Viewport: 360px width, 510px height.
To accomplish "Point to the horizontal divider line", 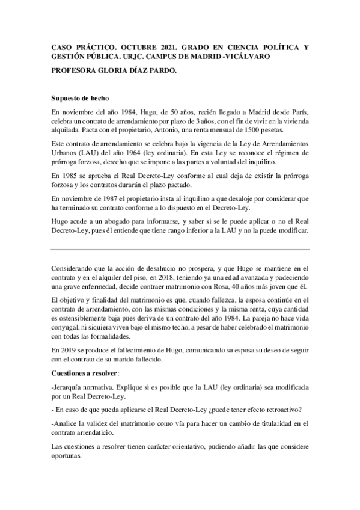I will coord(180,250).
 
